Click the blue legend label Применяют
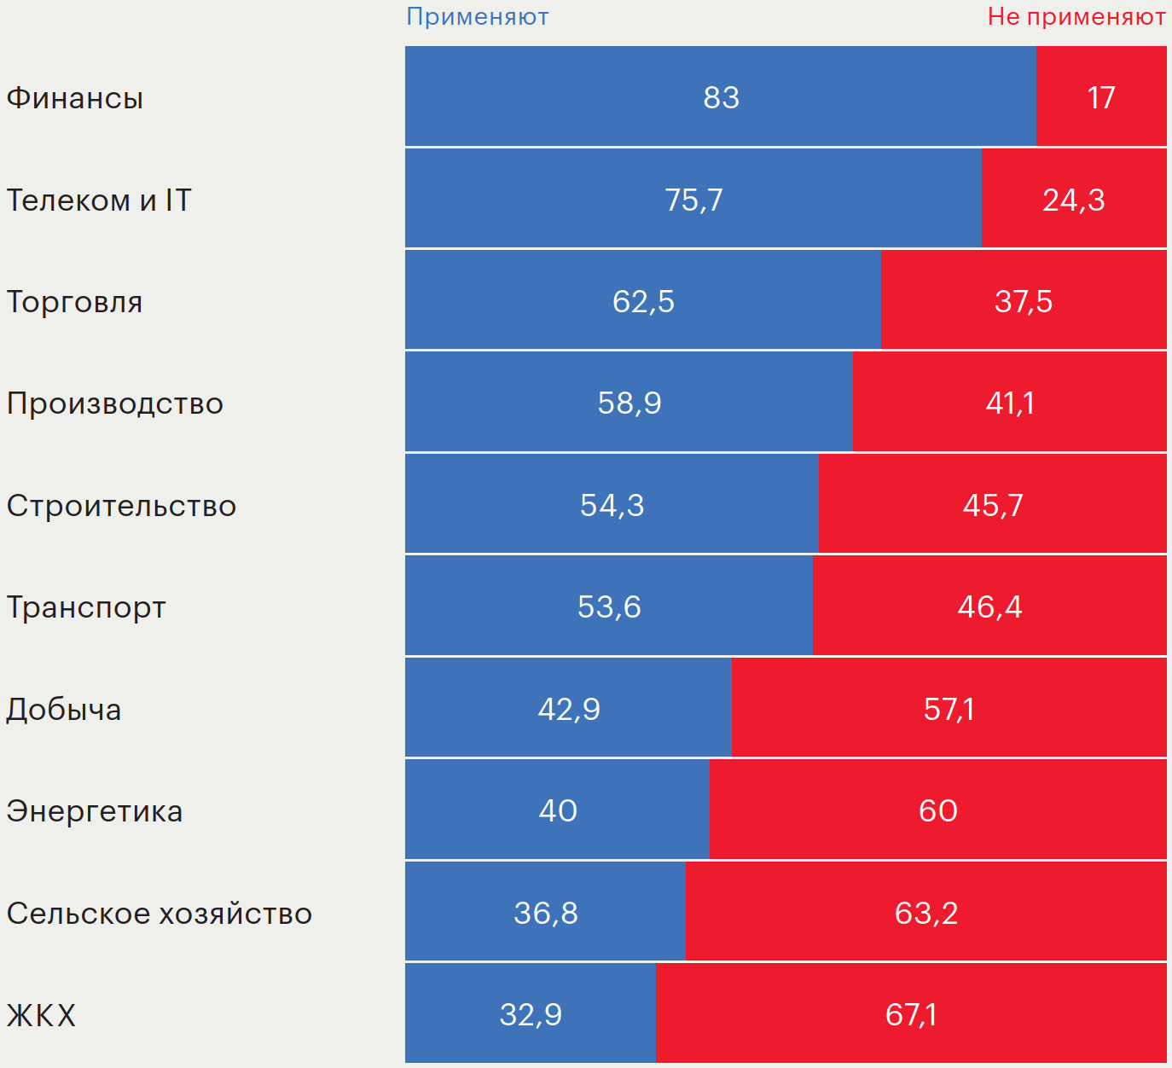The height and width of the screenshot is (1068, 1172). (x=477, y=17)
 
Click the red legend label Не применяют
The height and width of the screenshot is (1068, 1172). (x=1076, y=17)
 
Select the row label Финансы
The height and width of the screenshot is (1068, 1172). (x=75, y=98)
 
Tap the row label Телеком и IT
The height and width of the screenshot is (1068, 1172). (x=99, y=200)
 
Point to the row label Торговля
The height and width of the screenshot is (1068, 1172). (x=75, y=302)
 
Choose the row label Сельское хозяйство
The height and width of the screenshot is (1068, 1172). (x=160, y=914)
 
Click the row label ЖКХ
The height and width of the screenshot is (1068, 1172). (x=42, y=1015)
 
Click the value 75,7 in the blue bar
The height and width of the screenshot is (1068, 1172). (x=693, y=200)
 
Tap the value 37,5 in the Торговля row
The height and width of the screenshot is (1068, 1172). (x=1023, y=302)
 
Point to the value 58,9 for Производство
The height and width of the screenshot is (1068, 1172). (x=630, y=403)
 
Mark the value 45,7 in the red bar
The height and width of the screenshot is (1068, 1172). (x=993, y=505)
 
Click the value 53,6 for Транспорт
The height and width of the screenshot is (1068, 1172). (x=609, y=607)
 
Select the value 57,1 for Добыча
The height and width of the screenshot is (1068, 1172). (x=949, y=709)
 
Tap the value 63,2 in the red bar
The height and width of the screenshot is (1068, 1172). (x=926, y=914)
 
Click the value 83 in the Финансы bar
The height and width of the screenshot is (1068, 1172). (x=721, y=98)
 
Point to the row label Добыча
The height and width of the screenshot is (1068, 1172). (x=64, y=710)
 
